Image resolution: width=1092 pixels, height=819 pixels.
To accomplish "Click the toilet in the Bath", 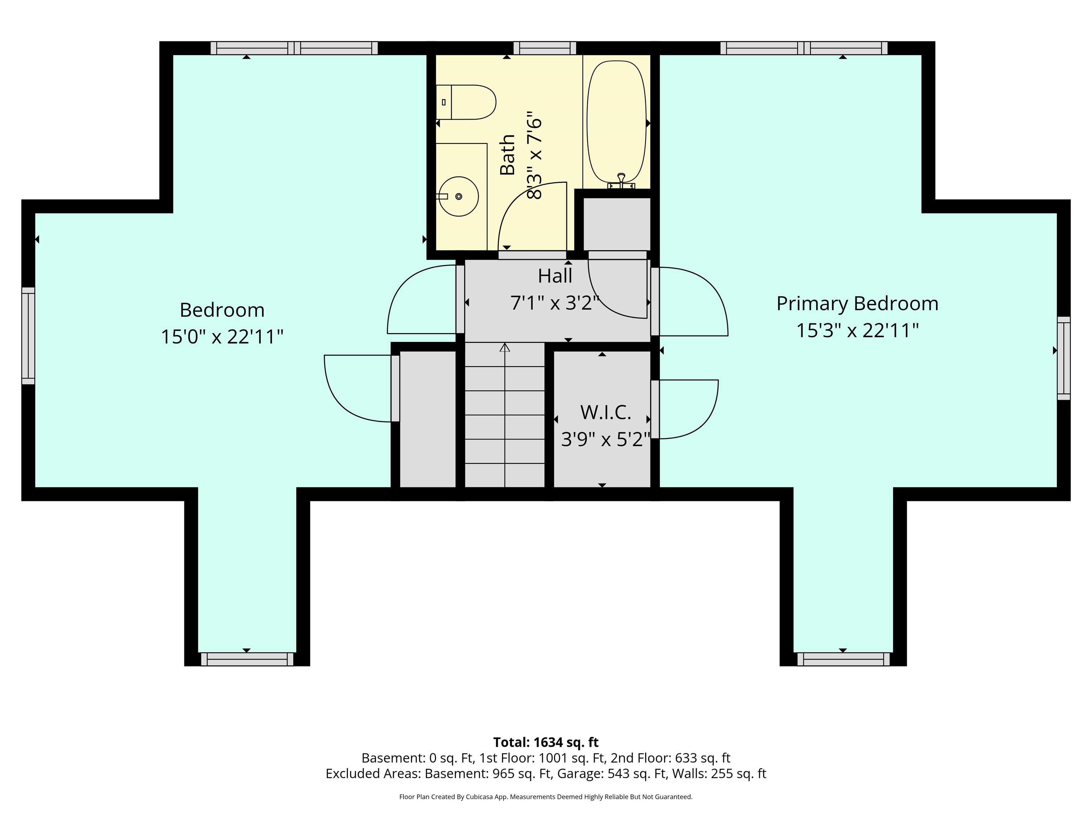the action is pos(466,102).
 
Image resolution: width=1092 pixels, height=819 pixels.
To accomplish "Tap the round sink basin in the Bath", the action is pos(459,197).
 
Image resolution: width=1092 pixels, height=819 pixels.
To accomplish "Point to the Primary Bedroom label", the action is pos(857,304).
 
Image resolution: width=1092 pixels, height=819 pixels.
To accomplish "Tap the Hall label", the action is pos(555,276).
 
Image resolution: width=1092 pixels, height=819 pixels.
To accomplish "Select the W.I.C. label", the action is pos(606,412).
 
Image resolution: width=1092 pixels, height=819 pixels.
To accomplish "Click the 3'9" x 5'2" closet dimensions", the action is pos(606,439).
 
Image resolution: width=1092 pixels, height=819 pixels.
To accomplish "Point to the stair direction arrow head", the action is pos(504,348).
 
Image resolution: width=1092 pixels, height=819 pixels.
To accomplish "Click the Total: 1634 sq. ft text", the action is pos(546,742).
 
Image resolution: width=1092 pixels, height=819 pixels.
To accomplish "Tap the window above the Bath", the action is pos(545,48).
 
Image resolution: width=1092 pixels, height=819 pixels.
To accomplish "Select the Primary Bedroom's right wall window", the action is pos(1063,358).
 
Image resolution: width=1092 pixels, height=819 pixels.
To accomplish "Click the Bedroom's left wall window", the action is pos(28,336).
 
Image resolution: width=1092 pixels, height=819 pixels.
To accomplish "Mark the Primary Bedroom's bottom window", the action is pos(843,659).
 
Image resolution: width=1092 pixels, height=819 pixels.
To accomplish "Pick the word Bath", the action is pos(508,155).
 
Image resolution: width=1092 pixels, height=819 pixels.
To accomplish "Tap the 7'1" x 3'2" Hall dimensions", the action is pos(555,303).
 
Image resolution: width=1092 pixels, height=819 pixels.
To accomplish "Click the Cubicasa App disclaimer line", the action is pos(546,797).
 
